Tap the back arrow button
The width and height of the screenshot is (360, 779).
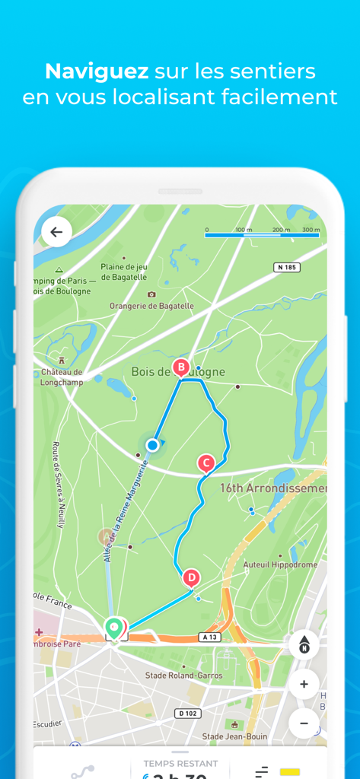point(56,231)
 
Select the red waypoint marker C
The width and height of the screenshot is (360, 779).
point(205,463)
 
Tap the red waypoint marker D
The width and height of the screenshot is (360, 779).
point(191,578)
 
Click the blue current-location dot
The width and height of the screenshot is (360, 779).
point(153,444)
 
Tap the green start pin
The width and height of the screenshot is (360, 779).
point(113,628)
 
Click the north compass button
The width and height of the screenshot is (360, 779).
point(304,645)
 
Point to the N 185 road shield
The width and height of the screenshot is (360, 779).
point(286,267)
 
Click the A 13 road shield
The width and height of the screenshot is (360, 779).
point(211,636)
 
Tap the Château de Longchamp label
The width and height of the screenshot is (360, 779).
point(62,377)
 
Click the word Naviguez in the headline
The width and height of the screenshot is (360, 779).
point(97,72)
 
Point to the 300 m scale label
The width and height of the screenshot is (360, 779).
point(311,229)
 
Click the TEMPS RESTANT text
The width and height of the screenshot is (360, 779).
point(180,763)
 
